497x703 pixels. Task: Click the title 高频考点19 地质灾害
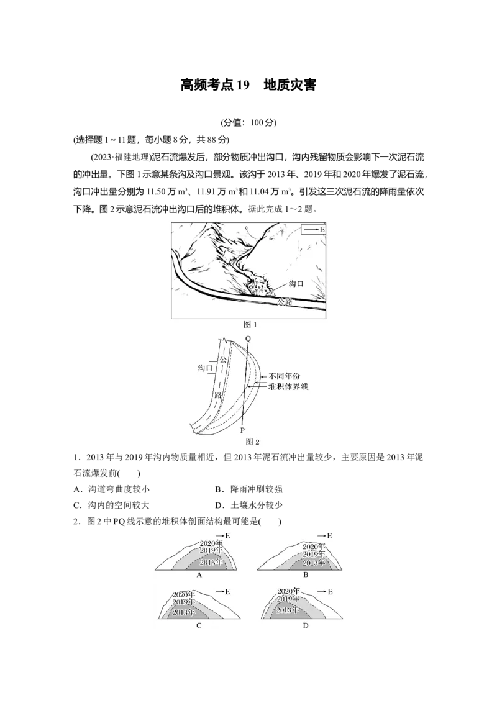click(248, 84)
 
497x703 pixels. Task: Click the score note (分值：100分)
click(248, 122)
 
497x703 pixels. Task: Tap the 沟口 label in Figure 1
click(296, 284)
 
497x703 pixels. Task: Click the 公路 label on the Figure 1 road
click(285, 301)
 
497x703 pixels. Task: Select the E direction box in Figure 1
click(313, 230)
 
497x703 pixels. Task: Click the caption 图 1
click(249, 325)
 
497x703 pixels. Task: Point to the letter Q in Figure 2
click(248, 339)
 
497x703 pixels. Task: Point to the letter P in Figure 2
click(242, 430)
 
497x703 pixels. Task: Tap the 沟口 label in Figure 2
click(206, 368)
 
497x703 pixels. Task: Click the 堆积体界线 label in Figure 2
click(288, 386)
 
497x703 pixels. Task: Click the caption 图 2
click(252, 442)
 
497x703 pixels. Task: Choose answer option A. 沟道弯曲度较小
click(112, 489)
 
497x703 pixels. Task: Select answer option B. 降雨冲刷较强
click(249, 489)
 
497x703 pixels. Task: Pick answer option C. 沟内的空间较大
click(112, 506)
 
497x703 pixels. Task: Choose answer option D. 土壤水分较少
click(249, 506)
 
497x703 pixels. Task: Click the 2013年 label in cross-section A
click(211, 562)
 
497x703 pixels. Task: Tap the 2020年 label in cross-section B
click(314, 547)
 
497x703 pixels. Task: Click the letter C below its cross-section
click(199, 625)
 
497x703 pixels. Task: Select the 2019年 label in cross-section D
click(288, 599)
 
